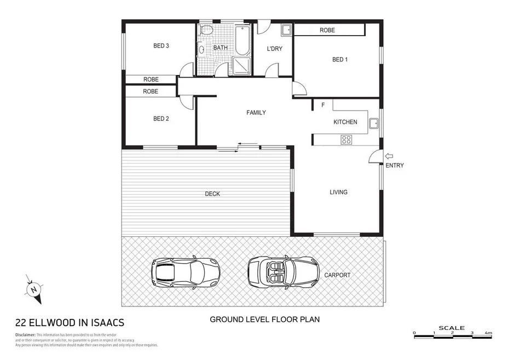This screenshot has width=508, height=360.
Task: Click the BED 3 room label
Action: (160, 46)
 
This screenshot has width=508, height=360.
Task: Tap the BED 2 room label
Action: (160, 118)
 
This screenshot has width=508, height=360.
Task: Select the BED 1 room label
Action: (339, 60)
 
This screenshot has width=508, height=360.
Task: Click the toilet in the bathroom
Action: (206, 31)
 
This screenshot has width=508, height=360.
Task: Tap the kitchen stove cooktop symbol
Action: (346, 139)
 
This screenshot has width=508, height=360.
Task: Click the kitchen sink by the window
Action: (373, 123)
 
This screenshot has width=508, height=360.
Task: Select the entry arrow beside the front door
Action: (389, 156)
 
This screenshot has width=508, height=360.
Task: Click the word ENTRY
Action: (394, 165)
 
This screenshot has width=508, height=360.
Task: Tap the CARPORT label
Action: (337, 275)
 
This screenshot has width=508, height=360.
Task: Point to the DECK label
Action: (212, 194)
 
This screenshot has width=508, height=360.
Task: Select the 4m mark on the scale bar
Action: (488, 333)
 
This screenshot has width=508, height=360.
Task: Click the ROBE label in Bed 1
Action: (327, 31)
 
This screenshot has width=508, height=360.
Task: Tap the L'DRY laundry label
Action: (274, 49)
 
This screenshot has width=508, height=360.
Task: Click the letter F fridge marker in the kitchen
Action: (323, 105)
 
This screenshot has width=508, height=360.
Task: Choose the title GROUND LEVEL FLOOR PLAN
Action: (265, 319)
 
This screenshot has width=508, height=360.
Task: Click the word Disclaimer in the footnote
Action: (24, 334)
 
